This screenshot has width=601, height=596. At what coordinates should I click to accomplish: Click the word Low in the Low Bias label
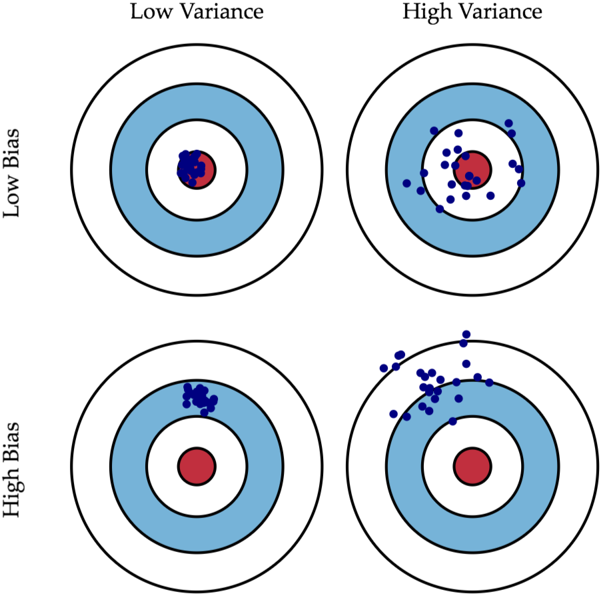(12, 199)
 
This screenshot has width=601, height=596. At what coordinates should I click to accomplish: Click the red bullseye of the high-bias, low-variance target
(197, 465)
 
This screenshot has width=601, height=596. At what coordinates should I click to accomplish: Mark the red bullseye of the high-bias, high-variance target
(472, 465)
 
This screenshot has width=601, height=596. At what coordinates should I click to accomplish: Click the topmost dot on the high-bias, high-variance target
(466, 334)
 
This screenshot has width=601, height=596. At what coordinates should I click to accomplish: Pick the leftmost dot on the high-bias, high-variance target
(383, 368)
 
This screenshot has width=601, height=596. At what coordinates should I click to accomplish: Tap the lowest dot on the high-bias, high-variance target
(452, 421)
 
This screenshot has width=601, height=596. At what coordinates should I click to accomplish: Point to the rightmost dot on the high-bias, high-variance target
(489, 383)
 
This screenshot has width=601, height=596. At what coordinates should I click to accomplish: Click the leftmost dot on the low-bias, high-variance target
(406, 183)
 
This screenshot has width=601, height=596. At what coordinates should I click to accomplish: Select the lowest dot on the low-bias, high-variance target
(439, 209)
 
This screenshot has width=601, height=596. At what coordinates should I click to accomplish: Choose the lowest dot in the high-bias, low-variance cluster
(204, 412)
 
